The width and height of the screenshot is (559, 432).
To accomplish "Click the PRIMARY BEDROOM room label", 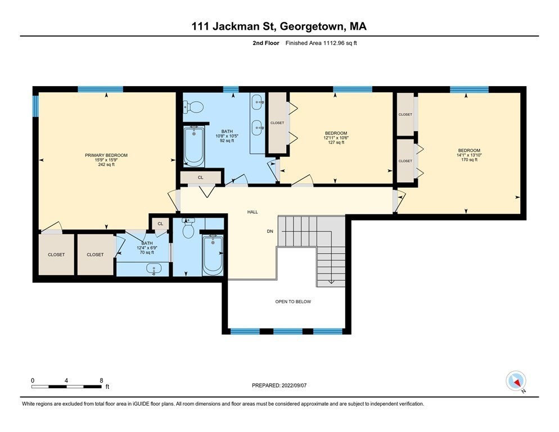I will (x=106, y=155).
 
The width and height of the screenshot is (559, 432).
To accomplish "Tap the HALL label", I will (x=253, y=212).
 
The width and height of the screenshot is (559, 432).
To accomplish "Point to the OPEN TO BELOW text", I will (x=293, y=301).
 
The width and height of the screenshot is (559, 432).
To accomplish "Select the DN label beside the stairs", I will (x=271, y=231).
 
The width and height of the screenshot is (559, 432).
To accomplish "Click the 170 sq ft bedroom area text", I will (x=468, y=160).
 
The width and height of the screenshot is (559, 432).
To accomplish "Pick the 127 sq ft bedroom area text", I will (x=336, y=142).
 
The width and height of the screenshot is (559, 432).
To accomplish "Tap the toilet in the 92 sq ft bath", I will (x=194, y=107).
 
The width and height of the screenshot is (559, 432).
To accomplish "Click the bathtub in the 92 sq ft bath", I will (x=194, y=146).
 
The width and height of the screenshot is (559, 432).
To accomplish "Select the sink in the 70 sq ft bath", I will (x=154, y=269).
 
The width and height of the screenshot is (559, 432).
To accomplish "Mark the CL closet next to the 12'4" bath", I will (x=160, y=223).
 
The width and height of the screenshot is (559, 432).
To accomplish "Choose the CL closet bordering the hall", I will (x=200, y=177).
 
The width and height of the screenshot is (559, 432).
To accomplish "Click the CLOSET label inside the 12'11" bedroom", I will (x=277, y=123).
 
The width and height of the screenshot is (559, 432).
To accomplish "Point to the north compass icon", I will (x=516, y=381).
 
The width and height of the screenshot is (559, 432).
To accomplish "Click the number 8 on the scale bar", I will (x=101, y=380).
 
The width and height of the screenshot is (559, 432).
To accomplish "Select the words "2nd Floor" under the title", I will (x=267, y=42).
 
